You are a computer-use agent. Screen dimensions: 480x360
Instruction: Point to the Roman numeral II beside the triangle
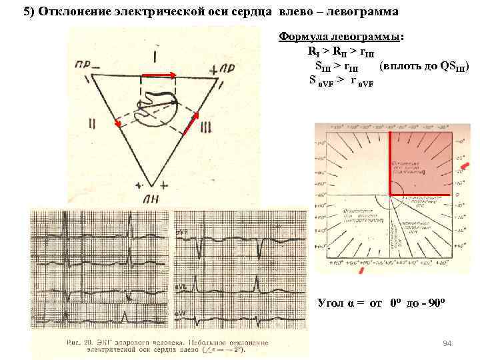pos(91,124)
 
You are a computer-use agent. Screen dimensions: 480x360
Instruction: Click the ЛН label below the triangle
pos(151,198)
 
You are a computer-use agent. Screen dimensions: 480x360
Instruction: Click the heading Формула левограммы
pos(341,37)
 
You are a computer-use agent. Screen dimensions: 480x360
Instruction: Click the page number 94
pos(447,343)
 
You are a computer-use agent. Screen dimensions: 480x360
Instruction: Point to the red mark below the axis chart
pos(361,271)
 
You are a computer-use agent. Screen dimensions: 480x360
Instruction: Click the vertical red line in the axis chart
pos(389,171)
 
